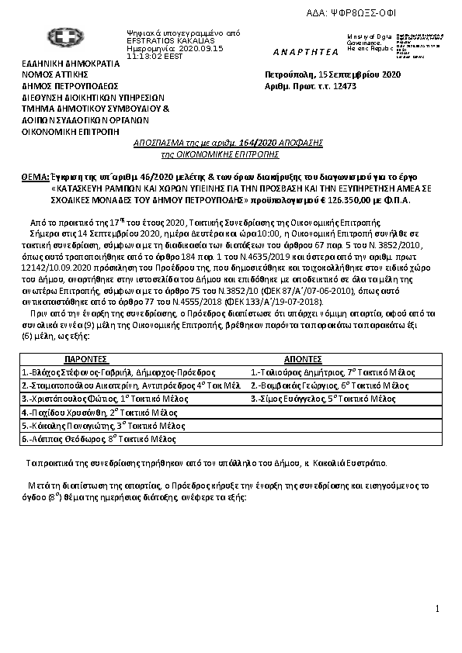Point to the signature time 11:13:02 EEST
pyautogui.click(x=154, y=57)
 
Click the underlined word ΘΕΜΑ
pyautogui.click(x=36, y=178)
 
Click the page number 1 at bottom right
pyautogui.click(x=438, y=608)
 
